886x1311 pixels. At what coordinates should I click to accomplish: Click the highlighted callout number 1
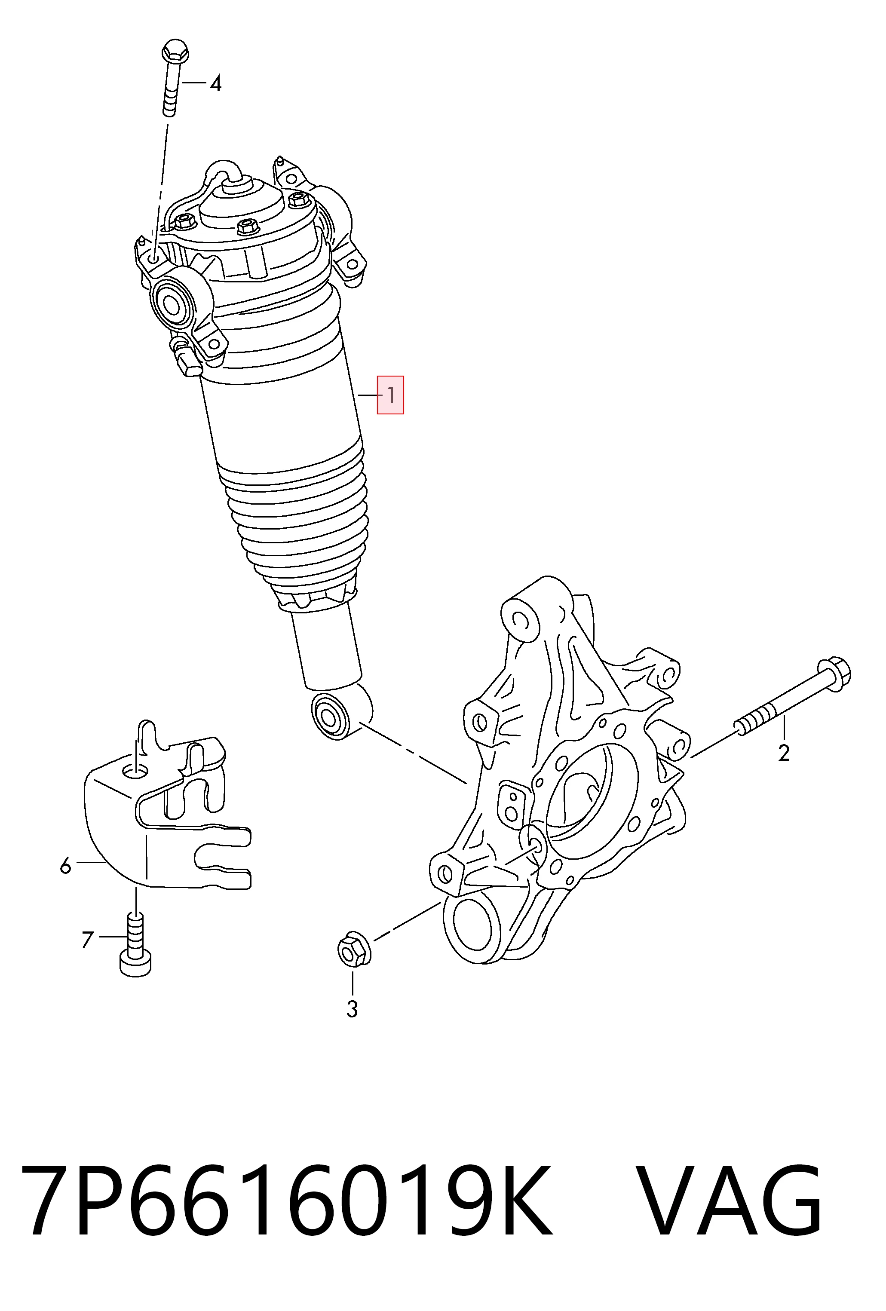[390, 395]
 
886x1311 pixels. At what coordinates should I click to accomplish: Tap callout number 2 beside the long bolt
[784, 753]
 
